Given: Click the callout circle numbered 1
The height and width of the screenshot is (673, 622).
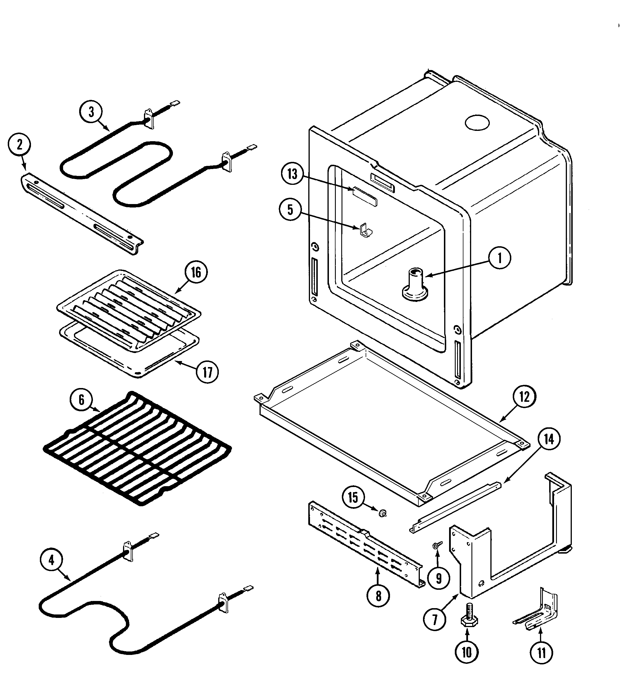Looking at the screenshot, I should click(x=500, y=258).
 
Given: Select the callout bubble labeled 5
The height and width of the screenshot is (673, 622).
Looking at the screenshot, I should click(x=290, y=210).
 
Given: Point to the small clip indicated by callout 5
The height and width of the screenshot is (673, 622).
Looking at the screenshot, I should click(x=364, y=229).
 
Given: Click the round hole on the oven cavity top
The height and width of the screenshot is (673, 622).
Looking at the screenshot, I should click(x=477, y=123).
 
